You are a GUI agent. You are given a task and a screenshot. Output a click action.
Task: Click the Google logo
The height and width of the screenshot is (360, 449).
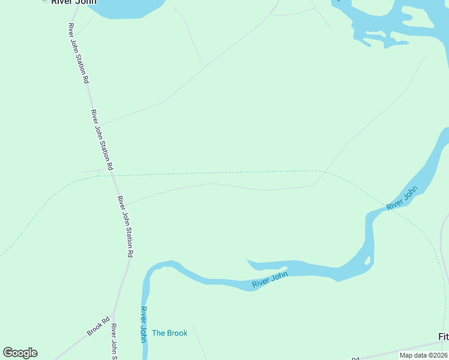click(x=20, y=353)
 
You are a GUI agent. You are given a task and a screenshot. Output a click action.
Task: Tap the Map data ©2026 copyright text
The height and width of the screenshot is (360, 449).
click(x=423, y=355)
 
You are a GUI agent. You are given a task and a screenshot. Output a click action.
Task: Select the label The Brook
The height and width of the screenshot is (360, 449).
click(x=169, y=333)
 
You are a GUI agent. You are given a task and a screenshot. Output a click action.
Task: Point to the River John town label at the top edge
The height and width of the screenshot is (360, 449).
click(x=73, y=2)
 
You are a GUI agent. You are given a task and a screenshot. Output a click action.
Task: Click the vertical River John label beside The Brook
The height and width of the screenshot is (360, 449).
click(x=143, y=325)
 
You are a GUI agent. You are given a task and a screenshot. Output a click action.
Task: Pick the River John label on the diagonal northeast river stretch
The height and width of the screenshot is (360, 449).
click(x=402, y=199)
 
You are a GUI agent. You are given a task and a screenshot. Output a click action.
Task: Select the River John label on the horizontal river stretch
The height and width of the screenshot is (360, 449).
click(x=270, y=280)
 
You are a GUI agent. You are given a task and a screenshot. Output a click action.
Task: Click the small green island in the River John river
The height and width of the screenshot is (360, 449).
click(x=367, y=260)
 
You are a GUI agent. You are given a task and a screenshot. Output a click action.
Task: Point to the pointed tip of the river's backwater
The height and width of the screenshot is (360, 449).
click(x=249, y=261)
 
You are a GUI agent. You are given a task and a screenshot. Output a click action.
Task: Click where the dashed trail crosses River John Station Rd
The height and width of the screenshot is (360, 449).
click(x=112, y=175)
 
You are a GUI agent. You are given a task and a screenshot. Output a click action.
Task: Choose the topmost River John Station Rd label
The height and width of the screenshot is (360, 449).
click(x=79, y=53)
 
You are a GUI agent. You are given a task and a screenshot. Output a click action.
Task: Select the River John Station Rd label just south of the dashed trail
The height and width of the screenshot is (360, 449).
click(x=124, y=226)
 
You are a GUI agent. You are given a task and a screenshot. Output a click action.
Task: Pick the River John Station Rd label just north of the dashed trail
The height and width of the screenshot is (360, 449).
click(x=101, y=139)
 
